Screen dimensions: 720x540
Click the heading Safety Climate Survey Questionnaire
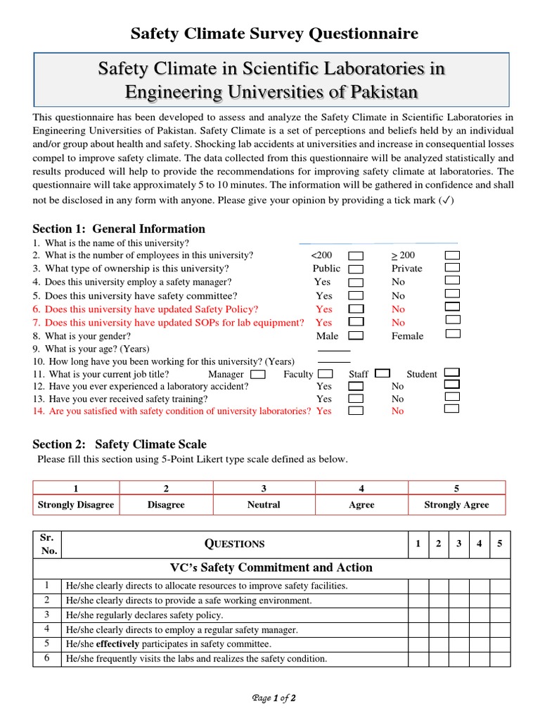274,33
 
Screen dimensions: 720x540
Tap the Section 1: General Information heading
119,229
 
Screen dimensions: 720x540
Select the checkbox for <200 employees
356,255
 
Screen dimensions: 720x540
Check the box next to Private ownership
453,268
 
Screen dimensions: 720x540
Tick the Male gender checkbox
356,336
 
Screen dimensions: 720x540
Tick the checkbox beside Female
453,334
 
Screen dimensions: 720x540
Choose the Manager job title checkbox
258,374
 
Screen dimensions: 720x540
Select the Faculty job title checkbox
325,374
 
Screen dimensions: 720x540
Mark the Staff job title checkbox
382,373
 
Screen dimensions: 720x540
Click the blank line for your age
334,349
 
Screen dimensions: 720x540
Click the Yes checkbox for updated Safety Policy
356,309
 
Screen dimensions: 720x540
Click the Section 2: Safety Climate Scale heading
120,444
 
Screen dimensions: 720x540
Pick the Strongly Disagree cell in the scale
76,505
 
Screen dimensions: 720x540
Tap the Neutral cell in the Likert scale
264,505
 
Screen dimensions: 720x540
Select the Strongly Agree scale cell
456,505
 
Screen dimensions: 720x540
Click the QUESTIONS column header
234,544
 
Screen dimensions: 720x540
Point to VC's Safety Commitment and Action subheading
271,567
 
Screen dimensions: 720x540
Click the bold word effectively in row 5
118,644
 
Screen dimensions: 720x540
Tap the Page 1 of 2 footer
274,698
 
